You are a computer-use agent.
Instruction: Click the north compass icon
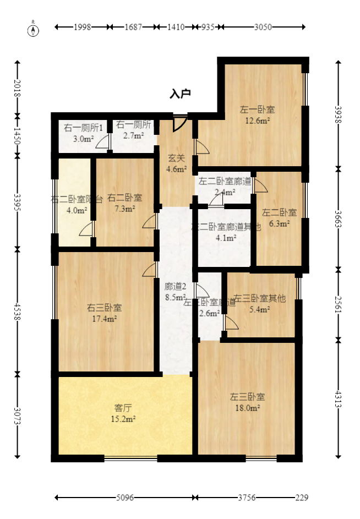coord(34,29)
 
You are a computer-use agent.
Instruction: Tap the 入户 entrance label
coord(180,94)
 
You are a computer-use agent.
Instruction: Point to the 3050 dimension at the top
coord(263,26)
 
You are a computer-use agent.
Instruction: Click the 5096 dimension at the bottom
coord(125,498)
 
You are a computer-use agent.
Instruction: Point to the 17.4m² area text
coord(104,318)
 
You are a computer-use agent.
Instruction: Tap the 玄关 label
coord(176,158)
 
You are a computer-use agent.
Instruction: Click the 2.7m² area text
coord(133,135)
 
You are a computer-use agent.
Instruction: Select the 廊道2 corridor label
coord(176,286)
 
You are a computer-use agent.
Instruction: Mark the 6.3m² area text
coord(279,223)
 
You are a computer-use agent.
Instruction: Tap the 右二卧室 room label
coord(124,198)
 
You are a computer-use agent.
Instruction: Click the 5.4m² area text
coord(259,310)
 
